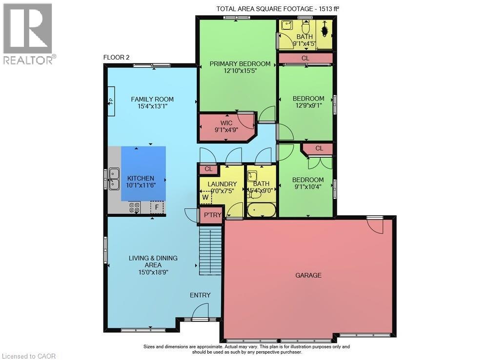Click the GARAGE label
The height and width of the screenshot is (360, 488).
coord(308,275)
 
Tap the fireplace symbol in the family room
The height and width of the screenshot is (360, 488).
coord(111,101)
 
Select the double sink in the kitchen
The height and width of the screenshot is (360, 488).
coord(114,179)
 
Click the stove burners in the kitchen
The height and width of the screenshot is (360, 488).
coord(135,208)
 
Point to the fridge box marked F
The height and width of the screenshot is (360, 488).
coord(157,207)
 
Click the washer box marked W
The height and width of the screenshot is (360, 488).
coord(205,197)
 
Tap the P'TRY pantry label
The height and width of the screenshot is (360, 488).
coord(213,215)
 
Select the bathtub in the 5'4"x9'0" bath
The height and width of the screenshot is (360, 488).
coord(262,210)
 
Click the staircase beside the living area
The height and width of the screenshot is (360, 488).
coord(210,251)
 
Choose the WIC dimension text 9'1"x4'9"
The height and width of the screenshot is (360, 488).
coord(226,129)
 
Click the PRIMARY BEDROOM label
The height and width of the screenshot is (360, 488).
coord(240,64)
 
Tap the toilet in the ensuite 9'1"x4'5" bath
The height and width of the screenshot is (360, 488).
coord(306,27)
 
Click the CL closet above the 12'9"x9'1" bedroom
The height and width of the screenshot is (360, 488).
coord(305,58)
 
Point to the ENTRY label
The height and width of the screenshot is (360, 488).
coord(200,295)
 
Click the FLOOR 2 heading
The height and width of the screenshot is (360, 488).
coord(116,57)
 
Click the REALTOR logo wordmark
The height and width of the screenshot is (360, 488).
coord(29,60)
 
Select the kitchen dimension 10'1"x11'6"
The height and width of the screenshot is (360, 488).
coord(141,185)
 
